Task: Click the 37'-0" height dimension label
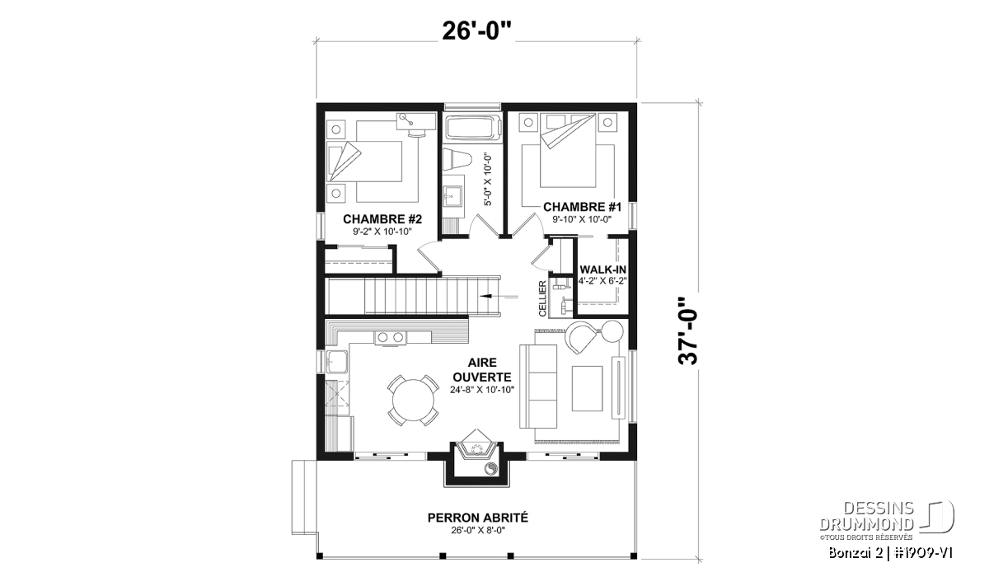pyautogui.click(x=688, y=331)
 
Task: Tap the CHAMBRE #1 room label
pyautogui.click(x=582, y=207)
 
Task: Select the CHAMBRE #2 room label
pyautogui.click(x=382, y=219)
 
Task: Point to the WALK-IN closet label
pyautogui.click(x=602, y=270)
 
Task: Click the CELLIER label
pyautogui.click(x=542, y=299)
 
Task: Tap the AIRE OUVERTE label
pyautogui.click(x=482, y=370)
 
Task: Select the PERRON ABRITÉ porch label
pyautogui.click(x=478, y=518)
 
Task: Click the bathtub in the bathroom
pyautogui.click(x=473, y=127)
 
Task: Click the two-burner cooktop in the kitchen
pyautogui.click(x=391, y=337)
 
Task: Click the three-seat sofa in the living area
pyautogui.click(x=537, y=387)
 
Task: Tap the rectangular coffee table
pyautogui.click(x=587, y=388)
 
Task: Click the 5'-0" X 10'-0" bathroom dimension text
pyautogui.click(x=487, y=180)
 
